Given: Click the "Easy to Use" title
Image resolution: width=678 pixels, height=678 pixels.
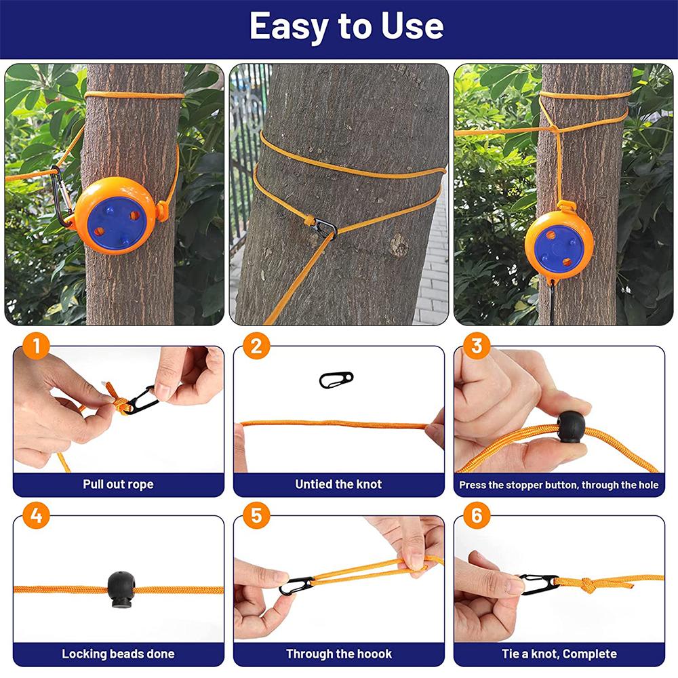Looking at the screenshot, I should (346, 26).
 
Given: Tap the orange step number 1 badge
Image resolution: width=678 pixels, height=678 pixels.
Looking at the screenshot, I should (36, 346).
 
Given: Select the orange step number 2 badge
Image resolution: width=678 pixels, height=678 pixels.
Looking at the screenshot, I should (256, 346).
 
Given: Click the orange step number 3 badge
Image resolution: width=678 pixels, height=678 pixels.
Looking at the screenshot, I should (477, 346).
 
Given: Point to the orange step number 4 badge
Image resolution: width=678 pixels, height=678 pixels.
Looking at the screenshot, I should (36, 516).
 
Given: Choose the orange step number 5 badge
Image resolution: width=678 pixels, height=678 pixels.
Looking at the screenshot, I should (256, 516).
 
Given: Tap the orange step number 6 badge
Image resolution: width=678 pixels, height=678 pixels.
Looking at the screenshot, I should (477, 516).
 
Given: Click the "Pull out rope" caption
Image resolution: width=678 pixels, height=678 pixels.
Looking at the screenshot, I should (118, 485).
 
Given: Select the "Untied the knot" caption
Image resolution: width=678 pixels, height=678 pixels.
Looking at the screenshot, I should (338, 485).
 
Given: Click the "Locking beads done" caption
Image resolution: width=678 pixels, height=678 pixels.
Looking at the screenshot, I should (118, 654).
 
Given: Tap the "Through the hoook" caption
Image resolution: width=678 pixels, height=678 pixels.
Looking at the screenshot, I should (338, 654).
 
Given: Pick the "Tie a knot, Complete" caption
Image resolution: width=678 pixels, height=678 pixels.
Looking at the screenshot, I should (559, 654).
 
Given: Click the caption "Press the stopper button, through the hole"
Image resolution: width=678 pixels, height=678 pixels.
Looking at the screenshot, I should (559, 485).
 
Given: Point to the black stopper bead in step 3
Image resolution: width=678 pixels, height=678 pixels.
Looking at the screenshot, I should (571, 426).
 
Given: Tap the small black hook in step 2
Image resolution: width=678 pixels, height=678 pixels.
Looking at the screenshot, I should (336, 380).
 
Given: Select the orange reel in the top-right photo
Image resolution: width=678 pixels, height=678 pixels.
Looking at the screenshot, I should (559, 242).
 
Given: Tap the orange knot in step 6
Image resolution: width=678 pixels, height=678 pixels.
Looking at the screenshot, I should (584, 584).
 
